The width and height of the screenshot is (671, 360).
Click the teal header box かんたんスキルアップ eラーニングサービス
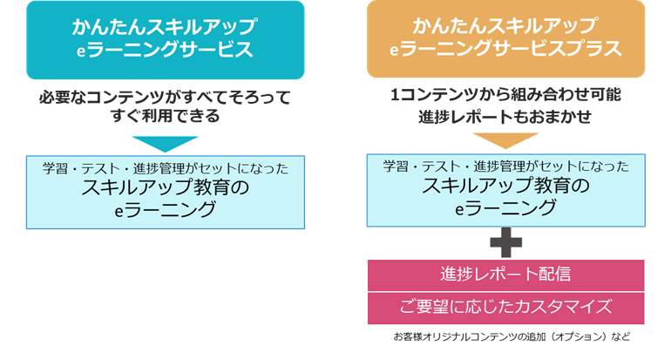tap(165, 40)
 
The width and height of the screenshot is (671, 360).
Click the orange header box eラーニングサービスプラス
tap(505, 40)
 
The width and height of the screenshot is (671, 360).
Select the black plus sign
tap(505, 243)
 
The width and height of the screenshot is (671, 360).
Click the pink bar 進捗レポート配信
tap(505, 275)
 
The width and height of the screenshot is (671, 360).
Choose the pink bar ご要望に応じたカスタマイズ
tap(505, 307)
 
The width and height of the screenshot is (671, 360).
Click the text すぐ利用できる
tap(165, 116)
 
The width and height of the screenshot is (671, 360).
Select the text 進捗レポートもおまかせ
tap(505, 116)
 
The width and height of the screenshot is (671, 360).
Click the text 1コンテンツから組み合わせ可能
tap(505, 95)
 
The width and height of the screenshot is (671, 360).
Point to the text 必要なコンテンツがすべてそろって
tap(165, 95)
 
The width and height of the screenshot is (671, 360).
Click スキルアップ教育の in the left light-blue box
tap(165, 188)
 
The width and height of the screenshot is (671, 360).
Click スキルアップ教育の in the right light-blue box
tap(505, 187)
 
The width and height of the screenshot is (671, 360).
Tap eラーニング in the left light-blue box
tap(165, 210)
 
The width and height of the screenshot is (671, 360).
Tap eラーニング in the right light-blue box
tap(505, 208)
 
